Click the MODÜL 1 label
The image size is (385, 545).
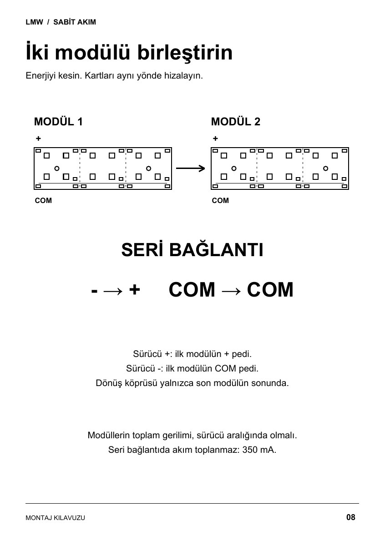tap(58, 122)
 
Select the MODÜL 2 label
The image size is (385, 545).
tap(236, 122)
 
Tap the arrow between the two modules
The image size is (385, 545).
tap(190, 168)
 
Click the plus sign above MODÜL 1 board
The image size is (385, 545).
tap(38, 139)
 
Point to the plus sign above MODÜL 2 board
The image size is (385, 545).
tap(215, 139)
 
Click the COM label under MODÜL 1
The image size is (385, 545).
tap(43, 200)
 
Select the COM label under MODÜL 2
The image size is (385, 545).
tap(220, 200)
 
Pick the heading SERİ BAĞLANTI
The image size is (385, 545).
tap(192, 250)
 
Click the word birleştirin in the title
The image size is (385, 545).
tap(185, 53)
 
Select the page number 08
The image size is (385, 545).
tap(350, 517)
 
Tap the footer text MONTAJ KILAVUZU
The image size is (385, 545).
tap(56, 518)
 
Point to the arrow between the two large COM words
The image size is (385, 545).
tap(231, 291)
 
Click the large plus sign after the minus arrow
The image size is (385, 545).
tap(135, 290)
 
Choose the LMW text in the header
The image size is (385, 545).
tap(34, 22)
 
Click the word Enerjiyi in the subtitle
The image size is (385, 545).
tap(41, 76)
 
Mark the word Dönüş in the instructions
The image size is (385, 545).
tap(108, 383)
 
